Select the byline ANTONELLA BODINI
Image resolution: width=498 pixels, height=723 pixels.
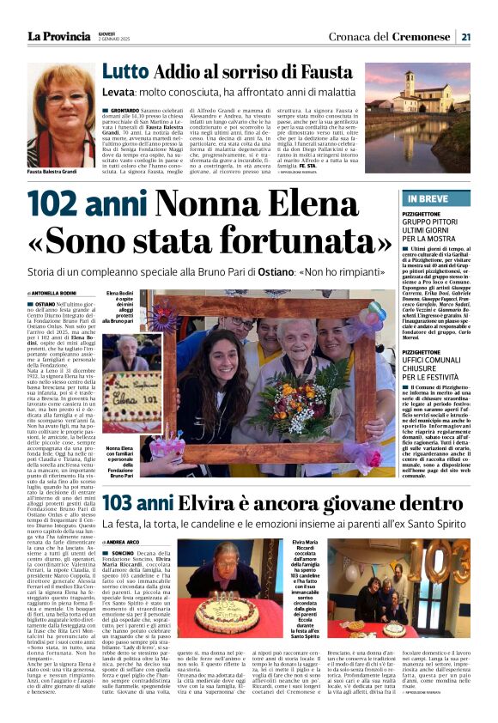(x=56, y=294)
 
